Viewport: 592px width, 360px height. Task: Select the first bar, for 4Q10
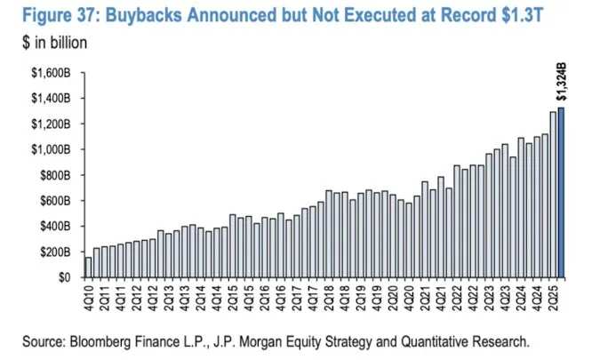(x=88, y=267)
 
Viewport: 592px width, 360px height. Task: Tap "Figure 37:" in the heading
(x=58, y=17)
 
